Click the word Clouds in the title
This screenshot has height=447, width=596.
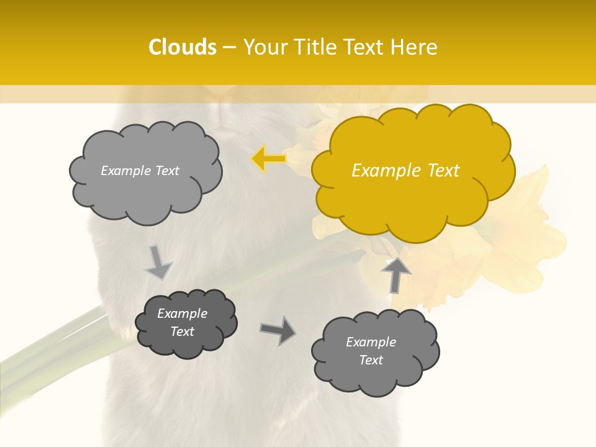(183, 47)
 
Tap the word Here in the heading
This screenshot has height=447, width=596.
(414, 47)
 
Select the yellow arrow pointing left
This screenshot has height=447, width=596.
(268, 159)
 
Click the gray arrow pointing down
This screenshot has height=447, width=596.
(158, 263)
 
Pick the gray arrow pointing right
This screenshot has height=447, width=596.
(278, 331)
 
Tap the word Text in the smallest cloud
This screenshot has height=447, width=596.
(183, 332)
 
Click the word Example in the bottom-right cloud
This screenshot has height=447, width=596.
(371, 342)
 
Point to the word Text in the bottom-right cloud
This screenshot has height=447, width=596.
(371, 360)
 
